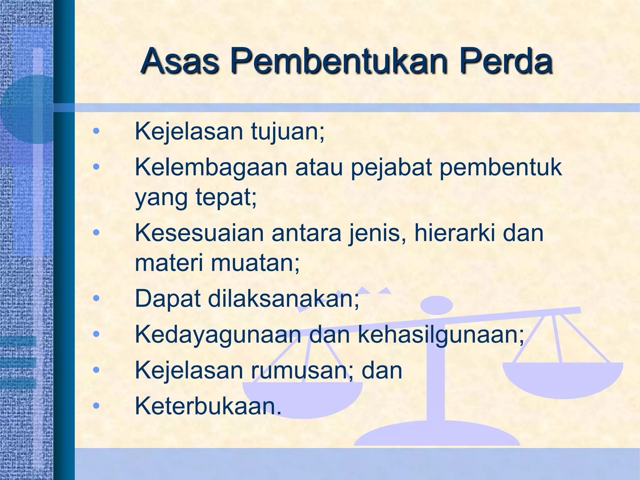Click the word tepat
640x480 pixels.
pos(226,198)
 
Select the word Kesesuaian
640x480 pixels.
pos(199,233)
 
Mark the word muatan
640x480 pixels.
pos(255,263)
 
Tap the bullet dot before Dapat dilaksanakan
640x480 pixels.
pos(96,299)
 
